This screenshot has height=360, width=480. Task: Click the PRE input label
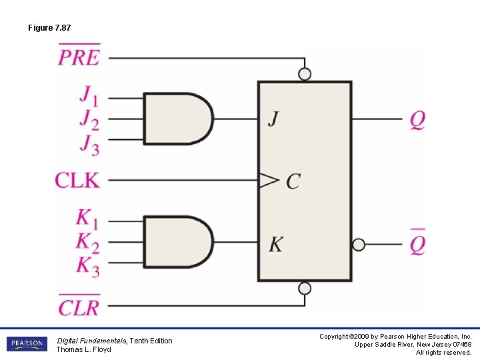(79, 57)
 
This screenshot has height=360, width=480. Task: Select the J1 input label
(89, 95)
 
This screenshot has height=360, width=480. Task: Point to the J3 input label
(89, 144)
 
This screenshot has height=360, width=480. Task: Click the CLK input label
(77, 180)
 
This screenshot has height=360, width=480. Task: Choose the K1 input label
(87, 219)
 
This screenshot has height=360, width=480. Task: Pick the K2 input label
(87, 243)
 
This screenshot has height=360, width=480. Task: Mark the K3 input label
(87, 267)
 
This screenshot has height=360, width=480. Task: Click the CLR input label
(79, 306)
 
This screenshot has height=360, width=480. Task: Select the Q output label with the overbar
(417, 244)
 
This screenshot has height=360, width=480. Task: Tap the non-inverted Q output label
(417, 120)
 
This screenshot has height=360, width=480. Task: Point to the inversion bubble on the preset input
(305, 75)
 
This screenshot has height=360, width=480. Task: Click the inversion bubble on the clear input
(305, 288)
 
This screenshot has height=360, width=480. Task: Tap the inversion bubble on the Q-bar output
(359, 245)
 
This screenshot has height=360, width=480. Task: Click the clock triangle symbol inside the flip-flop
(269, 180)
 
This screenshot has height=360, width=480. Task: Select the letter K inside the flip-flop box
(276, 245)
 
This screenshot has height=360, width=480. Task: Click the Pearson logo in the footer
(27, 344)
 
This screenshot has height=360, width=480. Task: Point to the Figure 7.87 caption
(49, 28)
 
